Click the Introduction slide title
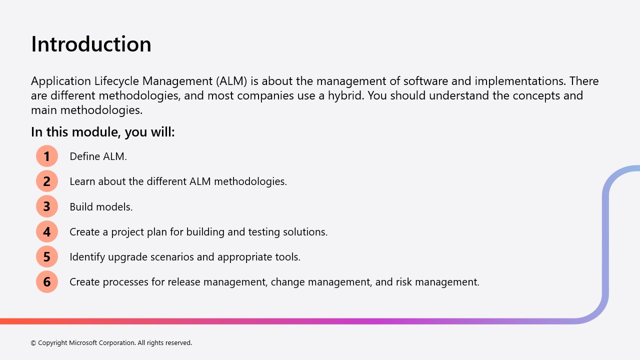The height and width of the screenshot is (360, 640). pyautogui.click(x=91, y=44)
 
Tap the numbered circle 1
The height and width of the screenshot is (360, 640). pyautogui.click(x=47, y=156)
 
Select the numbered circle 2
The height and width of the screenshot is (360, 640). pyautogui.click(x=47, y=181)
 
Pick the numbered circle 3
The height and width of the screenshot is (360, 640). pyautogui.click(x=47, y=206)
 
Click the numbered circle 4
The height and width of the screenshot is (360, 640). pyautogui.click(x=47, y=231)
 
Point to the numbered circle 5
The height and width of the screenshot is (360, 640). pyautogui.click(x=47, y=256)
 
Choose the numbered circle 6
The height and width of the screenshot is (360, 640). pyautogui.click(x=47, y=281)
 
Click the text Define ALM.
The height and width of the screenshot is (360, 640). pyautogui.click(x=98, y=156)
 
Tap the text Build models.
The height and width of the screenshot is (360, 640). pyautogui.click(x=101, y=206)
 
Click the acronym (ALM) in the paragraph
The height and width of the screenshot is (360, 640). pyautogui.click(x=231, y=81)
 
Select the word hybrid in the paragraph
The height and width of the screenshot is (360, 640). pyautogui.click(x=346, y=95)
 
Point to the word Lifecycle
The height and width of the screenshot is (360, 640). pyautogui.click(x=116, y=81)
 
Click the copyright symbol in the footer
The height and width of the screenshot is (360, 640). pyautogui.click(x=33, y=343)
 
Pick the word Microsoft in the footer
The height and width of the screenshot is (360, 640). pyautogui.click(x=83, y=342)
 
